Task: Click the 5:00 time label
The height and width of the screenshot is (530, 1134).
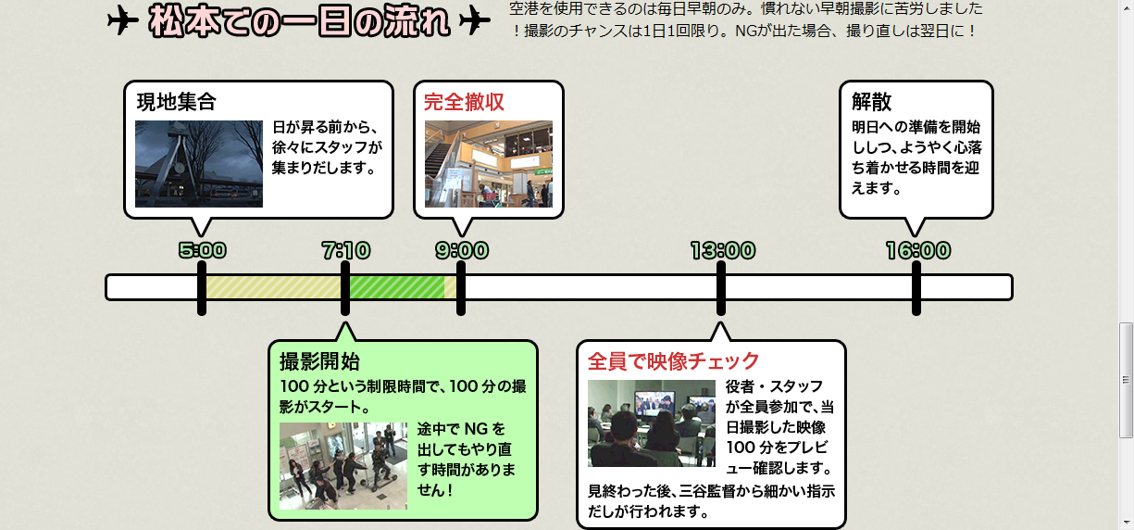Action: coord(202,250)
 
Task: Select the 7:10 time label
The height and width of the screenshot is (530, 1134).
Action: coord(345,250)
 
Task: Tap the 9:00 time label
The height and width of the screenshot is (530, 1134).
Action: coord(462,250)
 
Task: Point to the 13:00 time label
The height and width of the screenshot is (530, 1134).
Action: coord(722,250)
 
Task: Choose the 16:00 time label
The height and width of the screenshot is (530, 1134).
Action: coord(917,250)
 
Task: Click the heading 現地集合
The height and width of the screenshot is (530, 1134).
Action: coord(177,101)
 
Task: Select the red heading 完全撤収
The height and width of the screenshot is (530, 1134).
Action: coord(464,102)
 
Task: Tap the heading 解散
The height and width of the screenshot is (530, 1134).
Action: coord(872,101)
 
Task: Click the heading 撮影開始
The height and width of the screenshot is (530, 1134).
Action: coord(319,361)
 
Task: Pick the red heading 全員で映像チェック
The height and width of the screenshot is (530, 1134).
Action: coord(673,360)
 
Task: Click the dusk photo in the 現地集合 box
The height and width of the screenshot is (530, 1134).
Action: coord(199,164)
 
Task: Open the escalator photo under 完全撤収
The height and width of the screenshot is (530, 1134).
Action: coord(489,164)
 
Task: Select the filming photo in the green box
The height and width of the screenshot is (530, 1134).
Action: coord(343,466)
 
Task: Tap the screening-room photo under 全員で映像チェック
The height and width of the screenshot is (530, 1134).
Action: coord(652,423)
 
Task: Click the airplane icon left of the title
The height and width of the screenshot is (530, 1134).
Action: coord(122,20)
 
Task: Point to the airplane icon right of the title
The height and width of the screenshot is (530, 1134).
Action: coord(474,20)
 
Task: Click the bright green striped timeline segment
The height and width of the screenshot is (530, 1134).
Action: coord(396,287)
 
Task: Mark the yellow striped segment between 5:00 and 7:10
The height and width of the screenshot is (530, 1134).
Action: coord(273,287)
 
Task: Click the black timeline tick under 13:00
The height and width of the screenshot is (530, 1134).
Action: coord(721,288)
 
